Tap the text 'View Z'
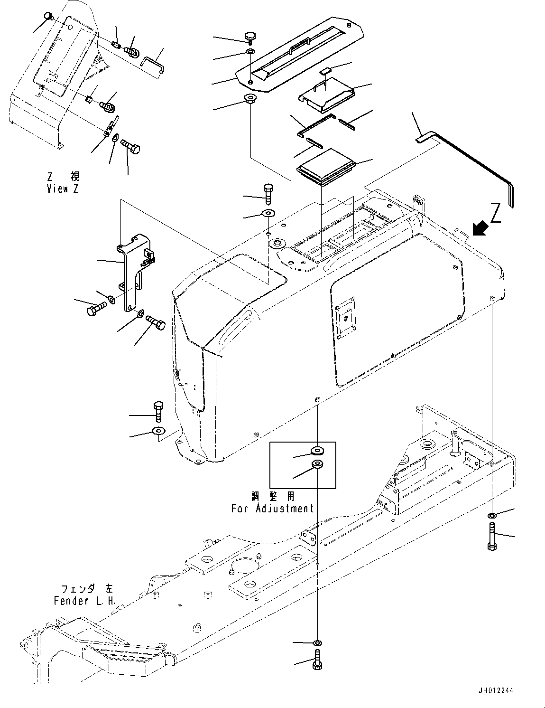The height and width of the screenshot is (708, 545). coord(63,189)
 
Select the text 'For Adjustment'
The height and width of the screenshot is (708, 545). coord(272,508)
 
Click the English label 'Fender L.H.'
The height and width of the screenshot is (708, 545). coord(84,601)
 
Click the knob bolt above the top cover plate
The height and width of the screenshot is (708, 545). coord(250,37)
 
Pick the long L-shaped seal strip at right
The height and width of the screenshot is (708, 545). coord(474,161)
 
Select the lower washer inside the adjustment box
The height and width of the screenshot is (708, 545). coord(316,463)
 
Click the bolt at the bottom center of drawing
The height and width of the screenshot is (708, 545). coord(316,661)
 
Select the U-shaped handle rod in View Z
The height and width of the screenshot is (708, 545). coord(154,62)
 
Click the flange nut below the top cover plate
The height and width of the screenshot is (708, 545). coord(249,99)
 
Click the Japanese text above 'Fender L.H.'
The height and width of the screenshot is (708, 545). coord(83,588)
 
